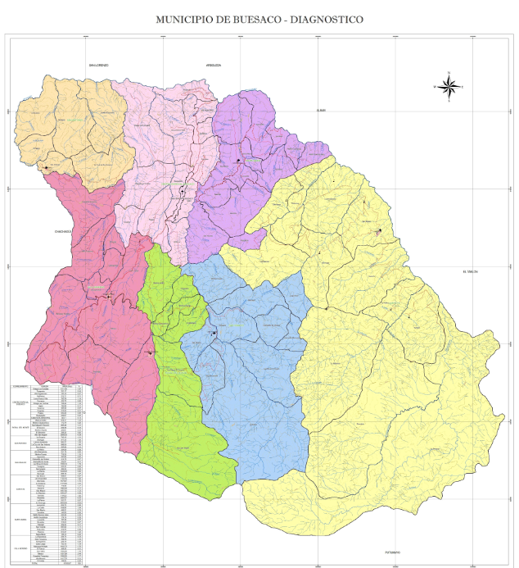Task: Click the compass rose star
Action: (x=449, y=86)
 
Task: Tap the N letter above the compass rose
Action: (x=449, y=74)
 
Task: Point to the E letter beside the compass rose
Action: (x=463, y=86)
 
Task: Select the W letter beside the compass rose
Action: (x=435, y=86)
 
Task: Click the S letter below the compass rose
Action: (x=449, y=100)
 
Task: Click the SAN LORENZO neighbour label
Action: (x=99, y=65)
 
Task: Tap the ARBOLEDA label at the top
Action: (x=214, y=65)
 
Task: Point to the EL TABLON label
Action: (x=468, y=271)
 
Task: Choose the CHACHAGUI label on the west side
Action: (x=64, y=232)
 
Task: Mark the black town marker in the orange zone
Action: (x=47, y=167)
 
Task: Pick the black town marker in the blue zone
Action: (x=214, y=333)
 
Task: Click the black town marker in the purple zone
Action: (x=239, y=161)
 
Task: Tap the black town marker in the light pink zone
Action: (x=182, y=191)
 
